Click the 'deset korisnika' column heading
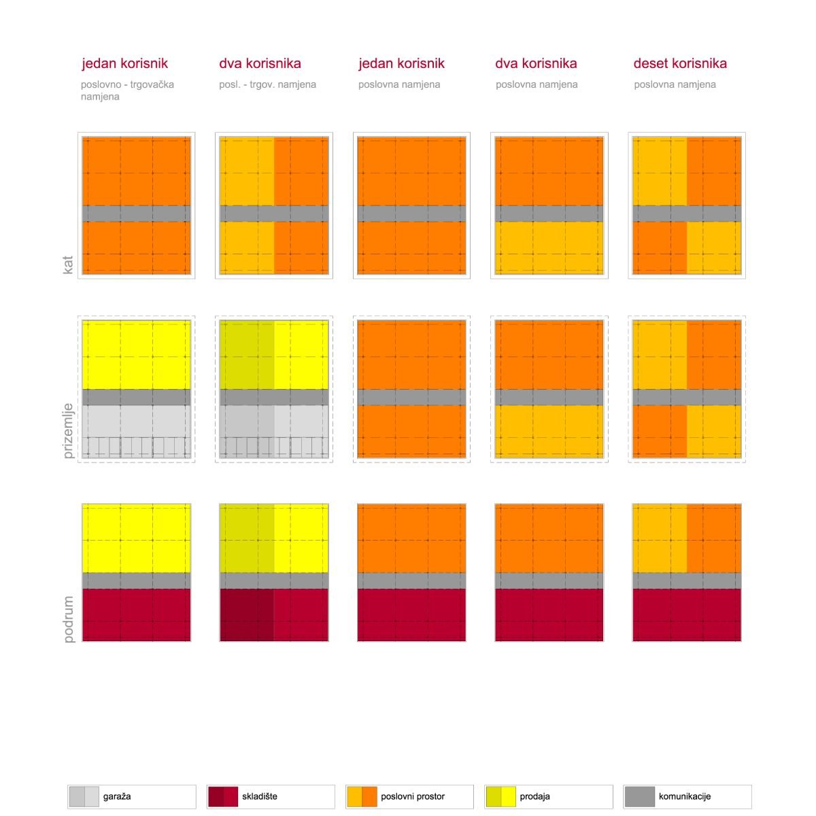coord(680,63)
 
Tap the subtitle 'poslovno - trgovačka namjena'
coord(127,90)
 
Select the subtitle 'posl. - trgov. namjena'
coord(267,84)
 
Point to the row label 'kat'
coord(68,265)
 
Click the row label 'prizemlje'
coord(68,430)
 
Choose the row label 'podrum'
coord(68,619)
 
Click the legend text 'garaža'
coord(117,796)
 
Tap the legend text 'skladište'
coord(260,796)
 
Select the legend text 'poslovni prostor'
coord(413,796)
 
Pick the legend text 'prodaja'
coord(535,796)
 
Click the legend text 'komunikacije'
coord(684,796)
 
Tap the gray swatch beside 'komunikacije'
coord(639,796)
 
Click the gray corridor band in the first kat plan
coord(137,214)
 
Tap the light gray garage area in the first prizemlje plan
coord(137,432)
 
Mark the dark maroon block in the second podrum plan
coord(246,615)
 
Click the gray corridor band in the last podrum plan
coord(687,581)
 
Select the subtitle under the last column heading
coord(675,84)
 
